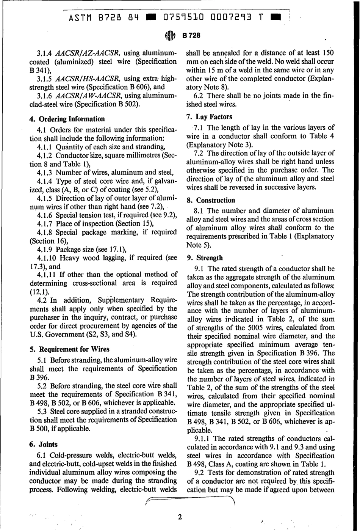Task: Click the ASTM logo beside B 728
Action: (x=171, y=36)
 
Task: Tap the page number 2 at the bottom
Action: (x=180, y=517)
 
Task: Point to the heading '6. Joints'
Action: (x=44, y=444)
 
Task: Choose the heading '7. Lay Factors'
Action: (x=210, y=116)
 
